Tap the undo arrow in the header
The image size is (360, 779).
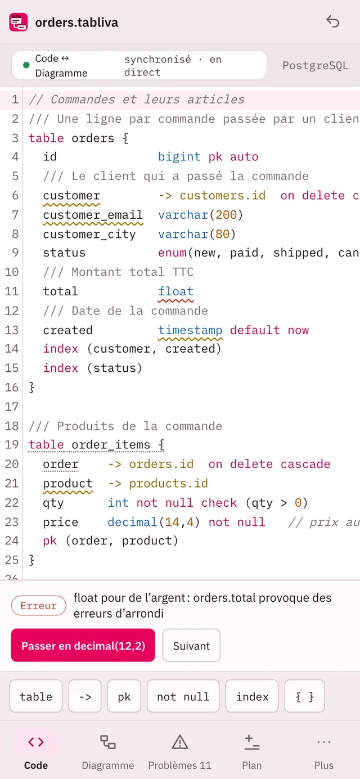[332, 21]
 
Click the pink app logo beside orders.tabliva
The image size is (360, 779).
[19, 22]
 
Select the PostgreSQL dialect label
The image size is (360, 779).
[315, 65]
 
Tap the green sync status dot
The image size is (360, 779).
[26, 65]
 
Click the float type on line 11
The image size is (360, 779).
[175, 291]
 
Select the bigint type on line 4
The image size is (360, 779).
[179, 156]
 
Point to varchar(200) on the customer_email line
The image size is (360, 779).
[200, 214]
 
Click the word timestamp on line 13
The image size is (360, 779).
[190, 330]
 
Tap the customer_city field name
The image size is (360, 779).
[89, 234]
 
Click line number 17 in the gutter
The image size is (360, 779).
[11, 407]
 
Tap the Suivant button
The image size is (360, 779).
[191, 646]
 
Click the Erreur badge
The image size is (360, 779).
[39, 605]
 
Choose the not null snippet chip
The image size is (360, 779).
[183, 696]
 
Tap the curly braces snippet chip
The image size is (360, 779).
[304, 696]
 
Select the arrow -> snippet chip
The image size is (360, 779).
[85, 696]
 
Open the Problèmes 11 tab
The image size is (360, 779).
[180, 752]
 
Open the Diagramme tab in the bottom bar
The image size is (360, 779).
[108, 752]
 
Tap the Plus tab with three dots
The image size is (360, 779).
[324, 752]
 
